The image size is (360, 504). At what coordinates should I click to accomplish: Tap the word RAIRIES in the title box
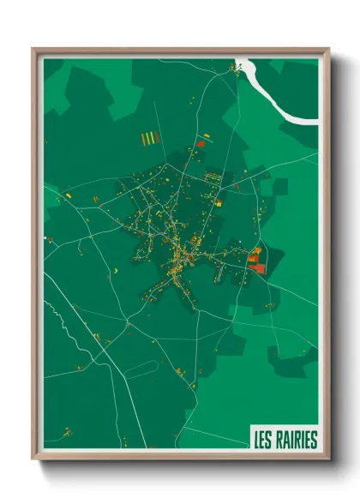pyautogui.click(x=296, y=440)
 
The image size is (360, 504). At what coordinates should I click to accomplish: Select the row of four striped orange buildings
pyautogui.click(x=150, y=137)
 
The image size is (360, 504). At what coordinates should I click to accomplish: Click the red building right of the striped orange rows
pyautogui.click(x=201, y=144)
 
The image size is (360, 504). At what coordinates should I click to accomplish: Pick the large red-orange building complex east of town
pyautogui.click(x=256, y=261)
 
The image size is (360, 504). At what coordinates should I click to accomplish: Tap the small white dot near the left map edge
pyautogui.click(x=45, y=238)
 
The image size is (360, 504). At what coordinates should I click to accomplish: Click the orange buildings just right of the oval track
pyautogui.click(x=179, y=370)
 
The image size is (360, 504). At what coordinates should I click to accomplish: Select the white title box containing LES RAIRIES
pyautogui.click(x=285, y=439)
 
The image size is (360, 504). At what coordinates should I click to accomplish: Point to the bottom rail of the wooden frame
pyautogui.click(x=181, y=457)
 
